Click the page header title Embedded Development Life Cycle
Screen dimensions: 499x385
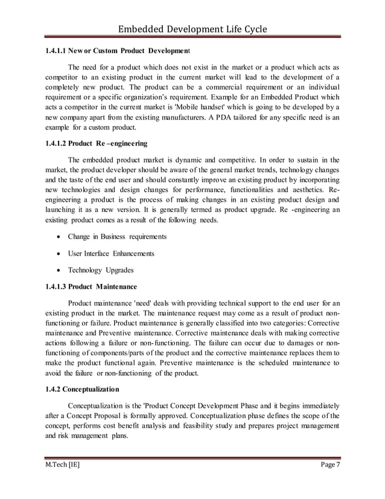[x=192, y=29]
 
